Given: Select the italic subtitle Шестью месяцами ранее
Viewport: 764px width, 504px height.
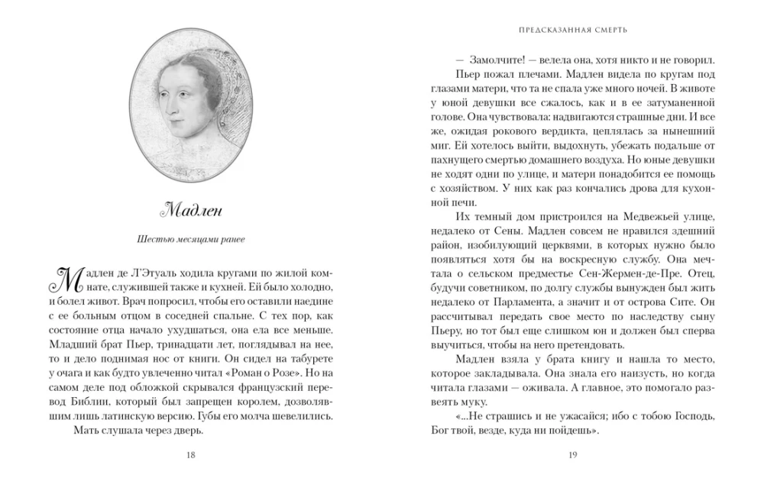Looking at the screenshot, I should pos(190,240).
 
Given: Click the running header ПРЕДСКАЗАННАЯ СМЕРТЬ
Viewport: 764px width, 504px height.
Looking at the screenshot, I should pos(572,31).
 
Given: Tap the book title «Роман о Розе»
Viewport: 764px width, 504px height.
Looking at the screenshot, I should pos(262,373).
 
